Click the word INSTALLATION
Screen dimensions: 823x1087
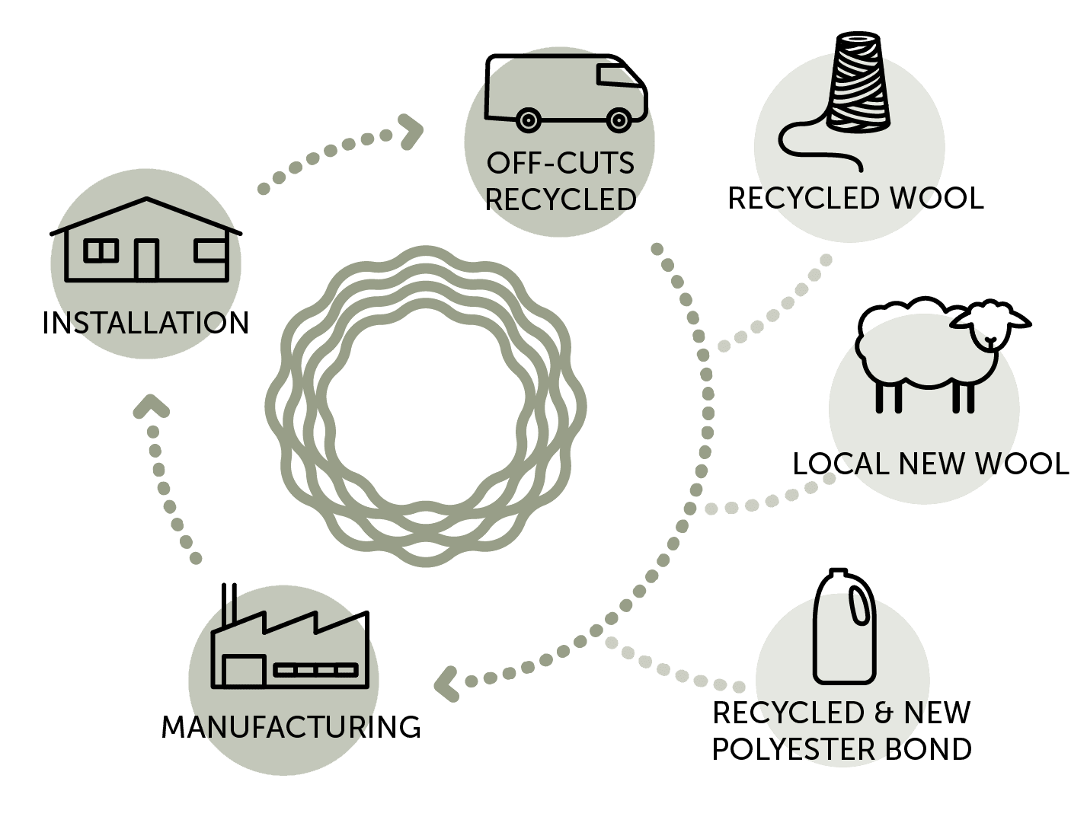tap(145, 323)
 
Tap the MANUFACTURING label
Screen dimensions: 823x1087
tap(291, 727)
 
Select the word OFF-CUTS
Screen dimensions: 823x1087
tap(561, 163)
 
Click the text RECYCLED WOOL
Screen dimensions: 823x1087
tap(856, 198)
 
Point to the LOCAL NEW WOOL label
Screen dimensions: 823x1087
tap(931, 464)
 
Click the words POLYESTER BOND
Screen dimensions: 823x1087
tap(842, 749)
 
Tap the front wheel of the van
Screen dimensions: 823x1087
tap(618, 119)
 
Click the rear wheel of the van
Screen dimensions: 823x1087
tap(527, 119)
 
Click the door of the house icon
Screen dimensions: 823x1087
tap(146, 259)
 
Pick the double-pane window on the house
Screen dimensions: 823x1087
tap(101, 250)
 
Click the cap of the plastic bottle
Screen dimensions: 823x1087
tap(837, 573)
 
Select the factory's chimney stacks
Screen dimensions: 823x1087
tap(229, 604)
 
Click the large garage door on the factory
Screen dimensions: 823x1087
tap(243, 671)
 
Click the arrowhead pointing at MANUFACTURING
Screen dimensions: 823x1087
tap(446, 683)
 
